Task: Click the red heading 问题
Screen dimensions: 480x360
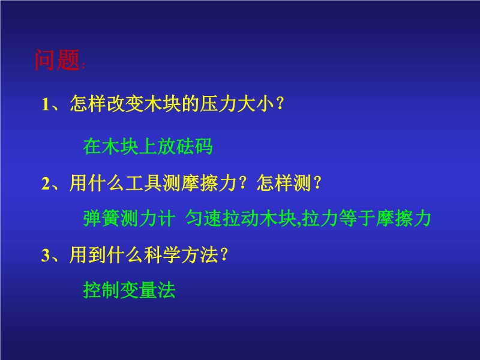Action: pyautogui.click(x=57, y=59)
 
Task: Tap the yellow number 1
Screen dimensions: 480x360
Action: pyautogui.click(x=46, y=104)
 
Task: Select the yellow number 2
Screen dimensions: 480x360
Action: pyautogui.click(x=46, y=184)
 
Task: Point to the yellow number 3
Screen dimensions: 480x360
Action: pyautogui.click(x=46, y=255)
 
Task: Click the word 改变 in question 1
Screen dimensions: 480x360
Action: pyautogui.click(x=125, y=103)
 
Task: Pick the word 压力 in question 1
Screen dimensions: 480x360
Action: pyautogui.click(x=218, y=103)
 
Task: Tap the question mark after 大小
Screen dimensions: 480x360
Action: pyautogui.click(x=280, y=103)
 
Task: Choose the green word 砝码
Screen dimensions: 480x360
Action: pyautogui.click(x=194, y=146)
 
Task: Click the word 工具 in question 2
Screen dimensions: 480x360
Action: pyautogui.click(x=143, y=183)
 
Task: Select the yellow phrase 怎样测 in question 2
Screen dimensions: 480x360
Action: pyautogui.click(x=284, y=183)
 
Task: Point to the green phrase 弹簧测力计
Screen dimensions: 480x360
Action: pyautogui.click(x=129, y=218)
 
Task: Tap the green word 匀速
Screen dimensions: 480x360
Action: pyautogui.click(x=204, y=218)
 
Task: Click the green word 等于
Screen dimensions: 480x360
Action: pyautogui.click(x=357, y=218)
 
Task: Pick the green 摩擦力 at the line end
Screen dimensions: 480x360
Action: pyautogui.click(x=403, y=218)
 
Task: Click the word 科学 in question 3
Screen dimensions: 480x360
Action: pyautogui.click(x=162, y=254)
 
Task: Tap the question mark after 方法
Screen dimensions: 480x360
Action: pyautogui.click(x=224, y=254)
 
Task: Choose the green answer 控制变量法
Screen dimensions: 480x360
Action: pyautogui.click(x=129, y=290)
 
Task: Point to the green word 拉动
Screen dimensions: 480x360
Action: pyautogui.click(x=241, y=218)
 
